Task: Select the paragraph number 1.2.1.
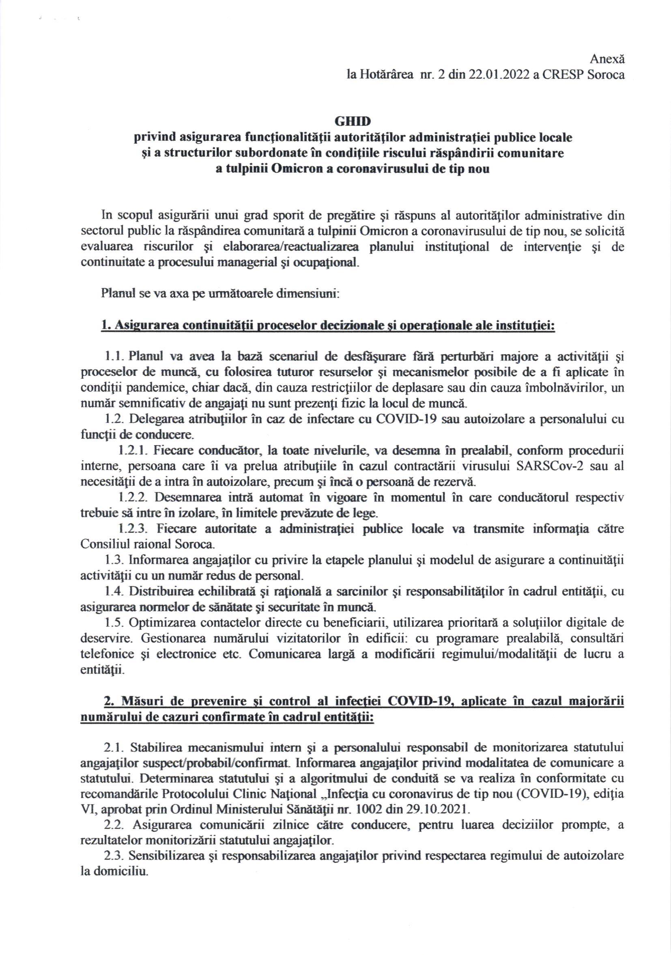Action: [x=131, y=451]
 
